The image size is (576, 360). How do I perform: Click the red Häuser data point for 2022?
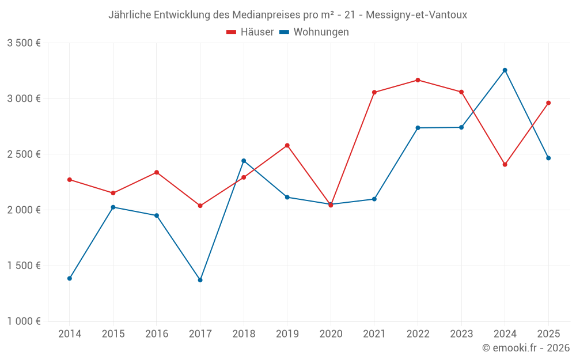[418, 80]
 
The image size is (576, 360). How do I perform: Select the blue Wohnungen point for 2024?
[505, 70]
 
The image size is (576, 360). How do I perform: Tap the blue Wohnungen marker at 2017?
[200, 280]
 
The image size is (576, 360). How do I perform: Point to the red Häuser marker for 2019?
[287, 145]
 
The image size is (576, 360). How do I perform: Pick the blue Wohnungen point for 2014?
[70, 278]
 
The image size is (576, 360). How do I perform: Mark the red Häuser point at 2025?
[548, 103]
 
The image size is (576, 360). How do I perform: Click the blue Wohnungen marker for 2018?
[244, 161]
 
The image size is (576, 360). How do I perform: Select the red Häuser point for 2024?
[505, 165]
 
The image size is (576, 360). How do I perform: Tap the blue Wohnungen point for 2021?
[374, 199]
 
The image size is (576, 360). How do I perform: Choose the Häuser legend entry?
[250, 32]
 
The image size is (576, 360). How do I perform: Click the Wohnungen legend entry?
[314, 32]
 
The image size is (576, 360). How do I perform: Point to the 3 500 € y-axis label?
[24, 43]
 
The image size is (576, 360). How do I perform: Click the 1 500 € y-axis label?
[24, 266]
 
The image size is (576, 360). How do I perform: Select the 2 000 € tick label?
[24, 210]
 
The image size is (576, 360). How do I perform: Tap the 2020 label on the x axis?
[331, 334]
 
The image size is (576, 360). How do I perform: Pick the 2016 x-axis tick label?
[157, 334]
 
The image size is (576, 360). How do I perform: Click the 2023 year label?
[461, 334]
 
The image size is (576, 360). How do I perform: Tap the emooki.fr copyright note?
[526, 348]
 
